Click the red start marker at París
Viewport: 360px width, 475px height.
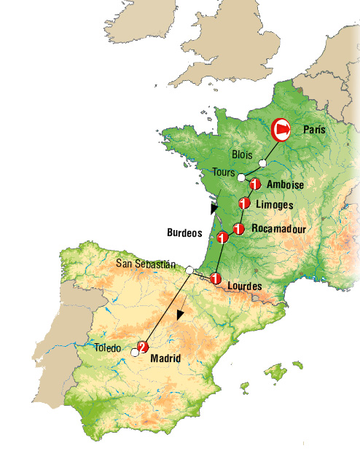tap(281, 130)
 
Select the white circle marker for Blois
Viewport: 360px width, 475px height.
tap(262, 162)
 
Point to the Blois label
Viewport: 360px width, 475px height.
tap(242, 154)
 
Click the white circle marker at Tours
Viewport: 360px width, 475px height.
tap(241, 177)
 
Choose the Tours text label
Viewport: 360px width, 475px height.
tap(224, 173)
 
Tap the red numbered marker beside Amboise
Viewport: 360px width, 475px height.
tap(255, 184)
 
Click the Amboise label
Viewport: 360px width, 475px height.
tap(285, 185)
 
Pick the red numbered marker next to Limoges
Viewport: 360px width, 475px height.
tap(244, 204)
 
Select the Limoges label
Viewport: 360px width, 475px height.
tap(275, 205)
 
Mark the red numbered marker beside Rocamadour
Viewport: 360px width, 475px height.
tap(237, 229)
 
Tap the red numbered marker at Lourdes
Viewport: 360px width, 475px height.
tap(215, 278)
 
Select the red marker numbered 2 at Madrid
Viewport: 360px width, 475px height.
tap(144, 348)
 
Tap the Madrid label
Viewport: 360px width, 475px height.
tap(165, 358)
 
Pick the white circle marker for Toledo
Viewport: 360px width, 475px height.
tap(134, 353)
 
